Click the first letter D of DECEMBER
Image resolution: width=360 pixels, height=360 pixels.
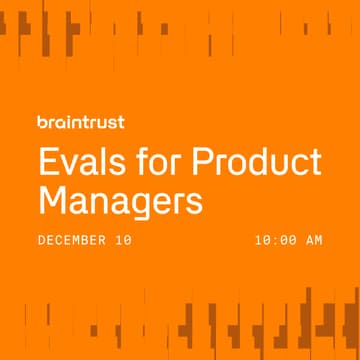pos(41,240)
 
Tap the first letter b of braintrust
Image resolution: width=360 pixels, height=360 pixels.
pos(41,124)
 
